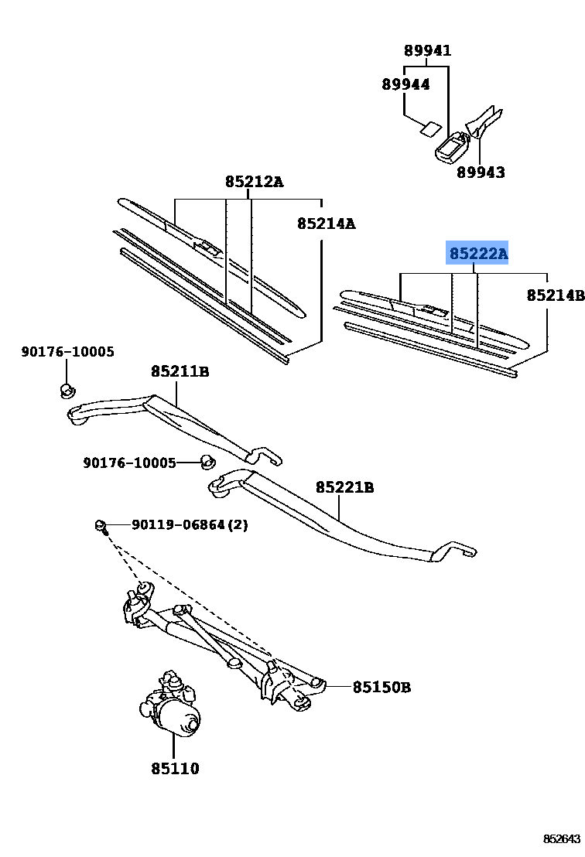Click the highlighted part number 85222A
[x=478, y=253]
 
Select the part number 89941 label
[x=427, y=51]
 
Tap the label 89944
[x=405, y=84]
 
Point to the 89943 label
[x=480, y=172]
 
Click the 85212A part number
[x=254, y=183]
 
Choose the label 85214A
[x=326, y=224]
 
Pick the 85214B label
[x=554, y=295]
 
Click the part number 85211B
[x=180, y=371]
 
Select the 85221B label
[x=344, y=487]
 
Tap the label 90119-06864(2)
[x=190, y=524]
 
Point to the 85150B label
[x=381, y=686]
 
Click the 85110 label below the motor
[x=175, y=768]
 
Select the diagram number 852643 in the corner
[x=561, y=838]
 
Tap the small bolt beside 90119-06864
[x=101, y=527]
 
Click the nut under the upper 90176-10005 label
[x=67, y=388]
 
